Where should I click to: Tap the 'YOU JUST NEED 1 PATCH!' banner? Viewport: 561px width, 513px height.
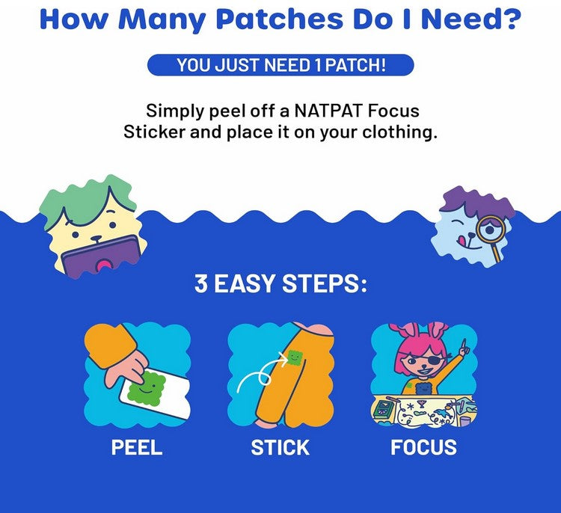[x=280, y=65]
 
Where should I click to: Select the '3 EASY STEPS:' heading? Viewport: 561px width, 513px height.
[x=280, y=285]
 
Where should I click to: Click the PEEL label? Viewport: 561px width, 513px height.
[x=137, y=447]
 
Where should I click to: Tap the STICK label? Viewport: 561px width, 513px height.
[x=280, y=447]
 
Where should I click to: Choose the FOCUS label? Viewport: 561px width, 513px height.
[x=423, y=447]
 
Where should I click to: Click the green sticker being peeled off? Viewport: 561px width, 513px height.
[x=147, y=387]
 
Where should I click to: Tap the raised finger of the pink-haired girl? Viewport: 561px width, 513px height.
[x=464, y=345]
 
